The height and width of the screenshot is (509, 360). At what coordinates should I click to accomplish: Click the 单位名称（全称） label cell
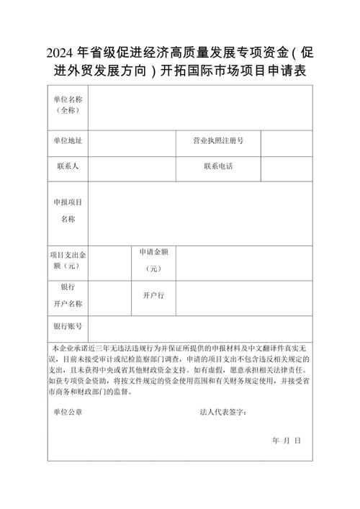(68, 106)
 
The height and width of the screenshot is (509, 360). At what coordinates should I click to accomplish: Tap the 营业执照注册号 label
(218, 140)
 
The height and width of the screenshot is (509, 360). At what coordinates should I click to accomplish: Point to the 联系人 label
(68, 167)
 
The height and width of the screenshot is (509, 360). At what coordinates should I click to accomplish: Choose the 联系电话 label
(218, 167)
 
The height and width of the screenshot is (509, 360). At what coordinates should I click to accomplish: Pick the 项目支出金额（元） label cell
(68, 261)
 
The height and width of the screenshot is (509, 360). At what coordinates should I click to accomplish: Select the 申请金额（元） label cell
(154, 260)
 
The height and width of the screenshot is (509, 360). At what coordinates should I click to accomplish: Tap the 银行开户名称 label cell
(68, 295)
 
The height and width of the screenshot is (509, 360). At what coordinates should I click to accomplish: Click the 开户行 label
(154, 295)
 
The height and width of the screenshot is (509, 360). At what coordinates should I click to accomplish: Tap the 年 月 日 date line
(286, 440)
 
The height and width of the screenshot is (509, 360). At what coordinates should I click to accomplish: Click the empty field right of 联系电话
(287, 167)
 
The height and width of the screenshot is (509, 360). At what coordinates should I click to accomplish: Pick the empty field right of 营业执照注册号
(287, 140)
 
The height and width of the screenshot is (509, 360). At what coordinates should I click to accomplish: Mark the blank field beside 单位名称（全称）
(199, 106)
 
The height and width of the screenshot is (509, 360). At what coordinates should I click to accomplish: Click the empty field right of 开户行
(244, 295)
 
